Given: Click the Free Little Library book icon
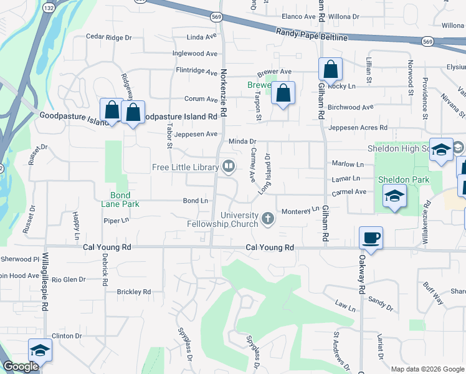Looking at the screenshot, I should click(229, 166).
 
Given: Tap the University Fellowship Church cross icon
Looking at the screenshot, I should click(268, 218).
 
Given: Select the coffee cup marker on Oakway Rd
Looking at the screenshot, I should click(371, 237).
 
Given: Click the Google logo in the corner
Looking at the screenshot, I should click(21, 367).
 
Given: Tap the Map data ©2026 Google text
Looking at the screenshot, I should click(428, 369).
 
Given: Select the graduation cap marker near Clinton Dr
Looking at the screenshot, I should click(40, 350).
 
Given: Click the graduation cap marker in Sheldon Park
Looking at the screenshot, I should click(394, 196).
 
